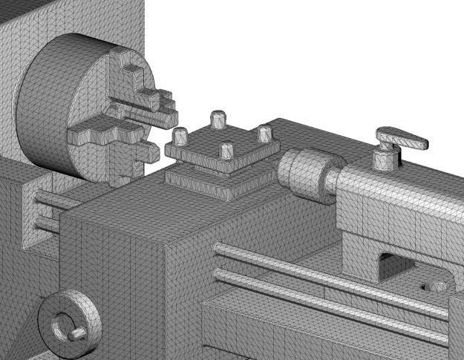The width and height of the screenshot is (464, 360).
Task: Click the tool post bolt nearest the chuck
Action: [180, 137]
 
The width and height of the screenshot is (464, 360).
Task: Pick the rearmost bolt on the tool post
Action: [218, 119]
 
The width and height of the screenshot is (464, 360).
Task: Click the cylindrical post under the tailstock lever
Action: [385, 157]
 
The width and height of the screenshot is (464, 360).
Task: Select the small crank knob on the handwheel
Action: [75, 335]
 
